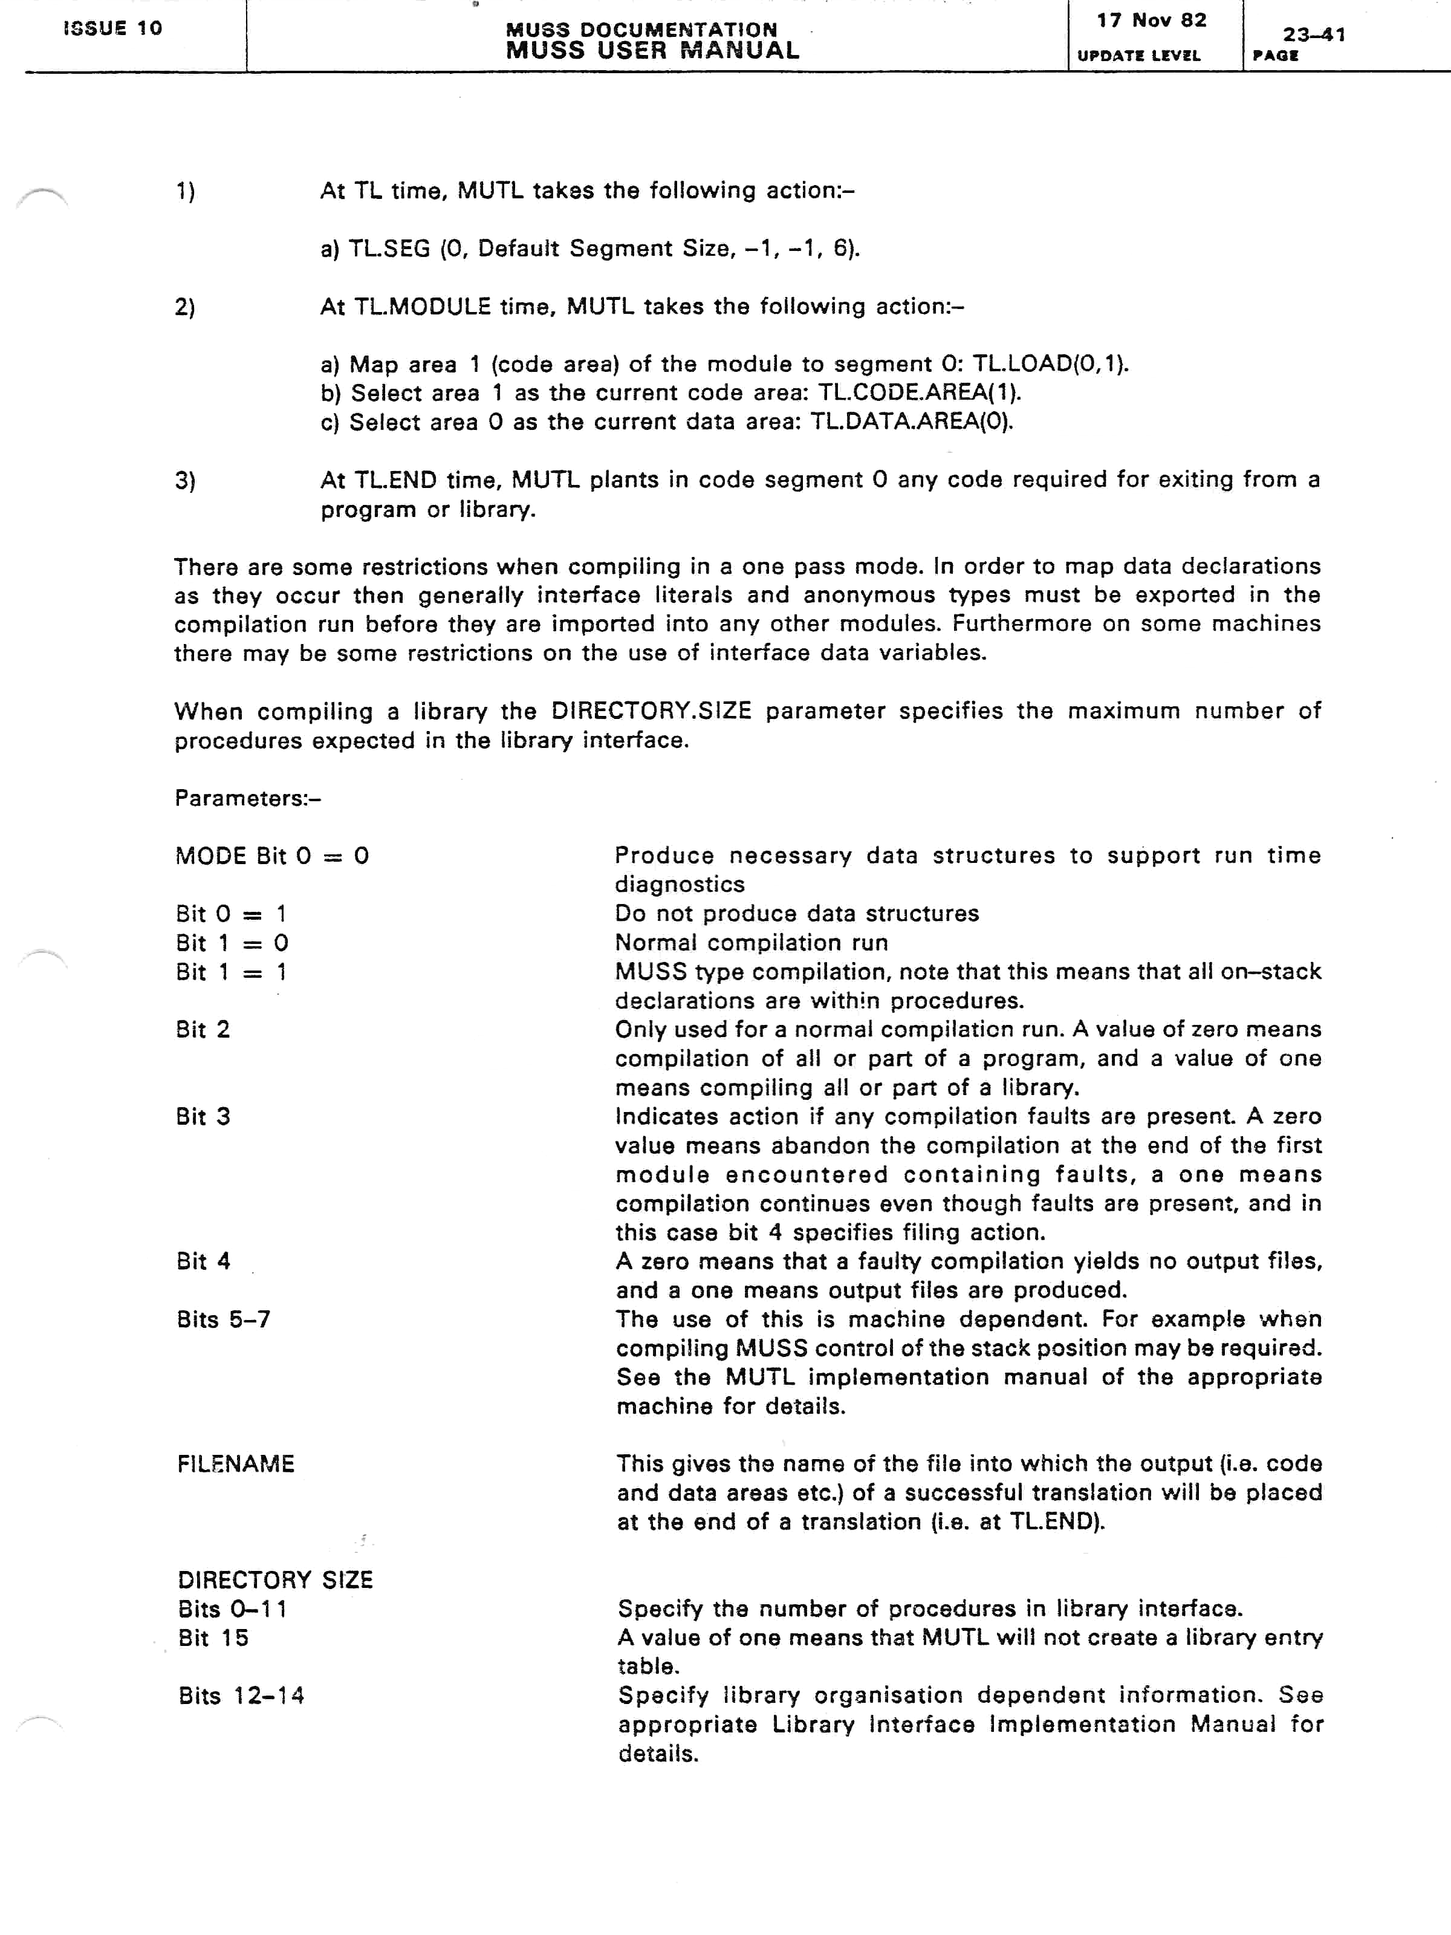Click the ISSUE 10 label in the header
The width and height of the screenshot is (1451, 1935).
(x=113, y=28)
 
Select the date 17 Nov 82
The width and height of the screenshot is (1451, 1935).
(x=1151, y=20)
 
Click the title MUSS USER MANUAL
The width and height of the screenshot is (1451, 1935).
(x=652, y=51)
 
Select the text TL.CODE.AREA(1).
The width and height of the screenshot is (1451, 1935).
(x=919, y=393)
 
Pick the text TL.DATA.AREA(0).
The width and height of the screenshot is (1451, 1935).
(x=911, y=421)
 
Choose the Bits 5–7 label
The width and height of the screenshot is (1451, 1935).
(x=223, y=1319)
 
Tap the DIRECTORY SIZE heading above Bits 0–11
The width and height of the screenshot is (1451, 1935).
(x=274, y=1580)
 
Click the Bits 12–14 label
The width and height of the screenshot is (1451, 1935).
(x=241, y=1696)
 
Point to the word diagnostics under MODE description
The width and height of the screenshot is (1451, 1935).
(x=680, y=885)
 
